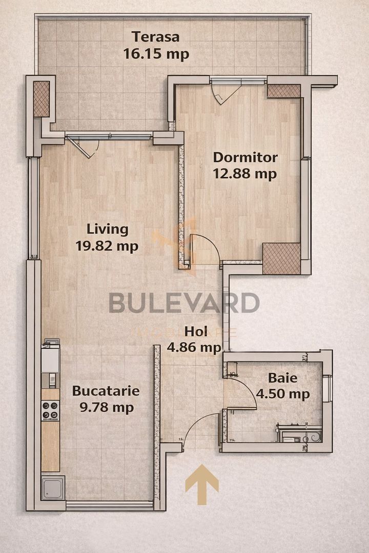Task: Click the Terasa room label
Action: [x=156, y=37]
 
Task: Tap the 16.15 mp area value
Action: [x=156, y=53]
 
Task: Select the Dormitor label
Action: [x=245, y=157]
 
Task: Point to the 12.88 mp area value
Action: [x=245, y=174]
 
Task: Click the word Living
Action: [x=107, y=229]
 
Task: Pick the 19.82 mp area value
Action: [x=107, y=246]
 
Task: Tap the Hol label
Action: [x=196, y=331]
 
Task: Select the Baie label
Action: [x=282, y=378]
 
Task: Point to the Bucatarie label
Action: [x=106, y=391]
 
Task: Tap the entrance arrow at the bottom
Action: [x=202, y=484]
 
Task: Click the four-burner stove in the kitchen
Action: [x=50, y=410]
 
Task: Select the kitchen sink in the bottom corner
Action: [x=52, y=487]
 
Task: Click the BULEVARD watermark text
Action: [x=184, y=303]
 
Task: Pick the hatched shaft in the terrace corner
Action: [x=41, y=98]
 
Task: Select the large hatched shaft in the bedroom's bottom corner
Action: [x=281, y=258]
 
